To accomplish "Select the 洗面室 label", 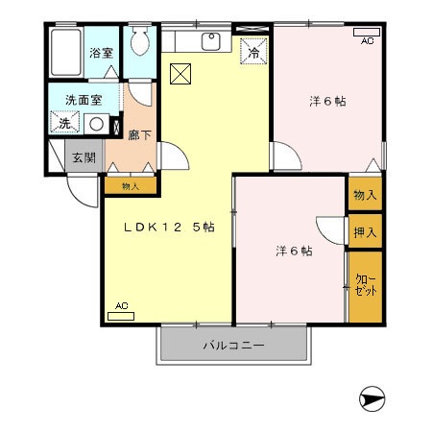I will point(84,99).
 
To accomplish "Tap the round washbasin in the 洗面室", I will point(97,123).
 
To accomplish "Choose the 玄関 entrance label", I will point(83,158).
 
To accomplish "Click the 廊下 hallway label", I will point(139,135).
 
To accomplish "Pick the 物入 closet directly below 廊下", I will point(131,186).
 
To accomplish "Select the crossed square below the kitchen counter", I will point(180,73).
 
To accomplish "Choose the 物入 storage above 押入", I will point(365,195).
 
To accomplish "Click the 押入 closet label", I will point(365,231).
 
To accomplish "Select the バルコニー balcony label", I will point(232,345).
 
